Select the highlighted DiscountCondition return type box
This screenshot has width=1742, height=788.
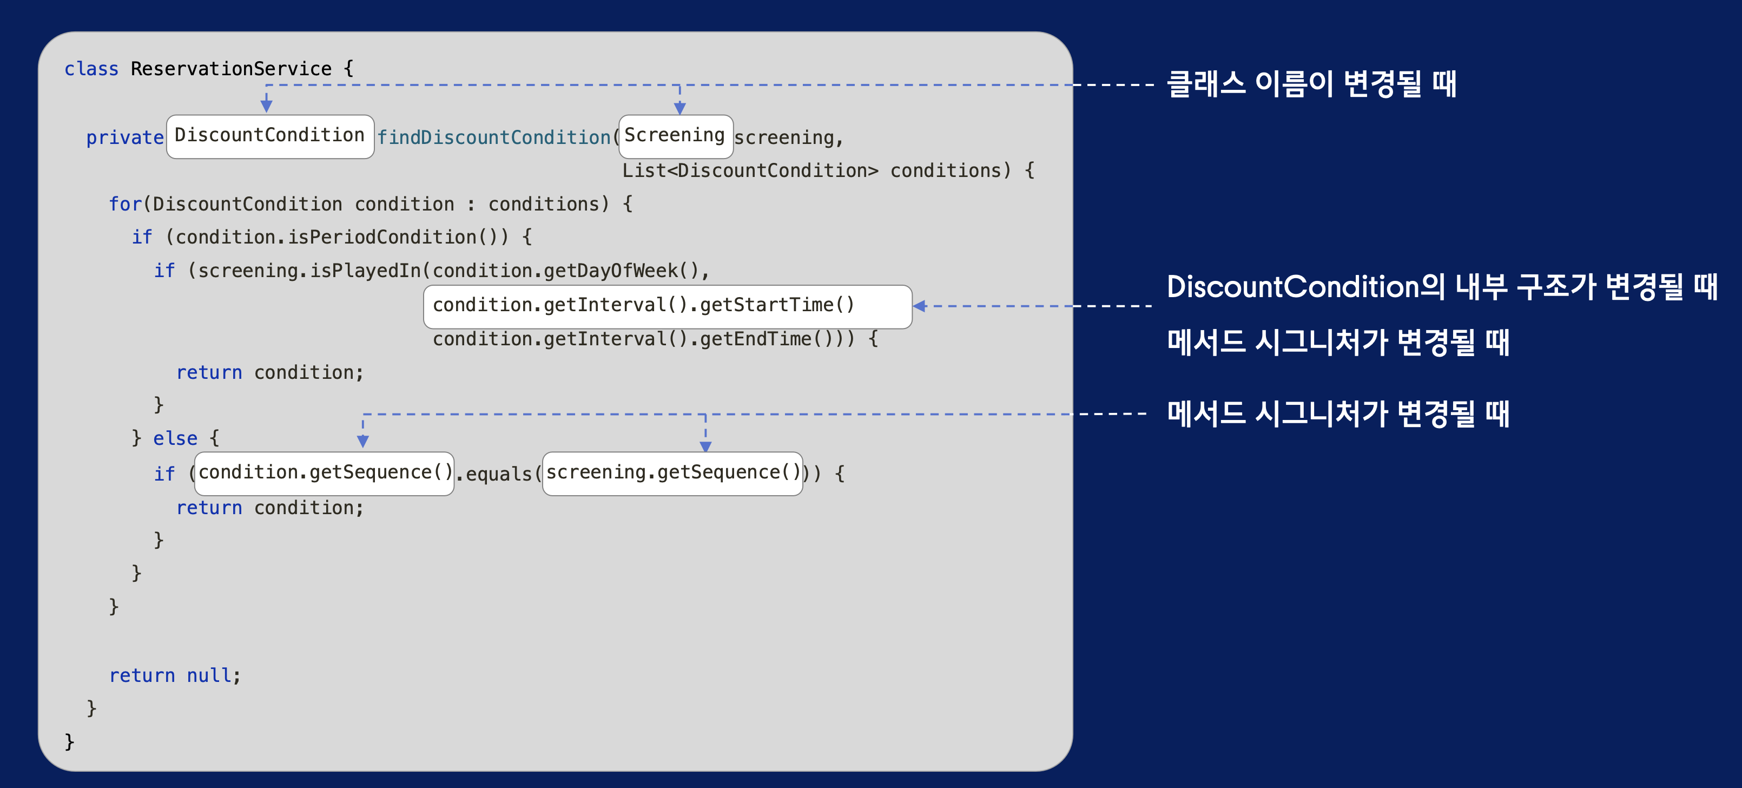click(x=270, y=136)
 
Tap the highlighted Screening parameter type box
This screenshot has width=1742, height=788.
click(x=675, y=136)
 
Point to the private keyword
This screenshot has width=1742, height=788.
click(x=124, y=138)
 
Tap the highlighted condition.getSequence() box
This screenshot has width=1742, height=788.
click(x=325, y=473)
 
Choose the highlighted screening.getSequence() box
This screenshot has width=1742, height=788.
click(x=673, y=473)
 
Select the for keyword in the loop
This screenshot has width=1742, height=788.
click(x=125, y=204)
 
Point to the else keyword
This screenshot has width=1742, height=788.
click(x=175, y=439)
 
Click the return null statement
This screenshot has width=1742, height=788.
click(x=174, y=676)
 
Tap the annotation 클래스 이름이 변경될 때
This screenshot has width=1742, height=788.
click(x=1311, y=84)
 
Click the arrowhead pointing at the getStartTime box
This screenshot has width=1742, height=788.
click(x=920, y=306)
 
